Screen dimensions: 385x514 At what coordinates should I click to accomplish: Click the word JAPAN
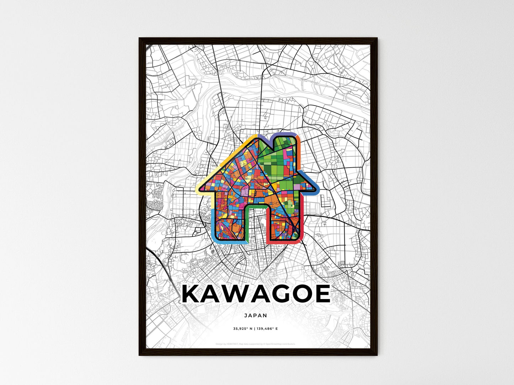click(255, 315)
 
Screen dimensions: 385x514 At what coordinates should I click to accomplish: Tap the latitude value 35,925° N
click(243, 329)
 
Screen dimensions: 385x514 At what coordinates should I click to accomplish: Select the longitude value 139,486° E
click(267, 329)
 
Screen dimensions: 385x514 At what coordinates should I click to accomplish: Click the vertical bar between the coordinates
click(255, 329)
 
